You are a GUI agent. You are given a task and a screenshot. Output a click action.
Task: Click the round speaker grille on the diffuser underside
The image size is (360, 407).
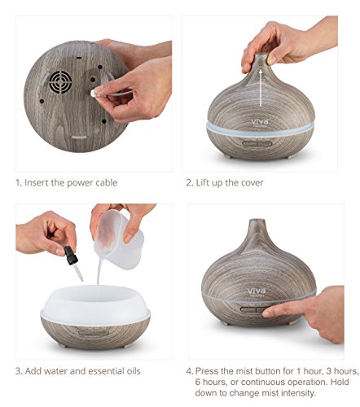[x=60, y=82]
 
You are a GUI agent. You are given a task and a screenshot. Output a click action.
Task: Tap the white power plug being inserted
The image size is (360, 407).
[x=94, y=93]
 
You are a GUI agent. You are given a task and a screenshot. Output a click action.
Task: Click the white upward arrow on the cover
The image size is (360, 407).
[x=261, y=88]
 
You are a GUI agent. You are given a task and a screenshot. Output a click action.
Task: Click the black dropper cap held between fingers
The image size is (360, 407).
[x=71, y=255]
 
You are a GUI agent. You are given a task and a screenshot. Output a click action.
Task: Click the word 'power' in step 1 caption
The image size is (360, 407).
[x=80, y=183]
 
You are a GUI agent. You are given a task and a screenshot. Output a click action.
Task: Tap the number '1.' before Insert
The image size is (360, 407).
[x=19, y=182]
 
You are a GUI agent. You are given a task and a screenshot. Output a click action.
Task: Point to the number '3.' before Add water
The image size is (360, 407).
[x=19, y=371]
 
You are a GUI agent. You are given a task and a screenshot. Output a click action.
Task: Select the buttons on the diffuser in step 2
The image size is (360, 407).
[x=257, y=143]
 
